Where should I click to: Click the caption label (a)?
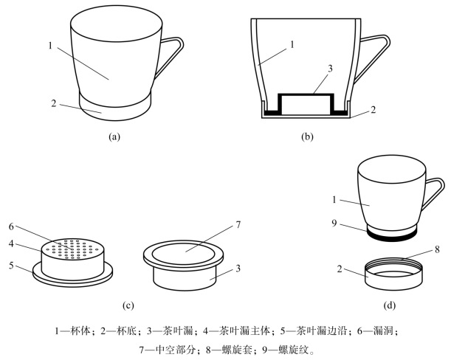(x=113, y=136)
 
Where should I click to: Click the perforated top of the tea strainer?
(x=72, y=247)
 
